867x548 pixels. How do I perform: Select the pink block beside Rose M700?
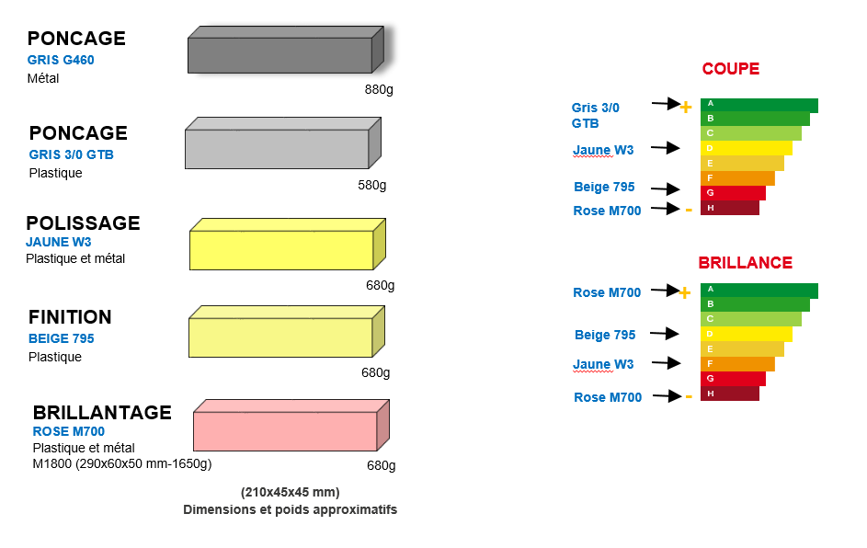point(285,430)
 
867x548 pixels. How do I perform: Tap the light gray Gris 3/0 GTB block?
point(277,149)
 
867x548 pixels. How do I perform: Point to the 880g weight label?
point(379,89)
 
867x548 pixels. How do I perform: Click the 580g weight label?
point(372,185)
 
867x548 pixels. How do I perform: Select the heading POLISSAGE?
point(83,223)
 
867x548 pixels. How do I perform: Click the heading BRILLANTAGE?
point(102,412)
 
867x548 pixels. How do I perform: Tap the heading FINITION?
point(70,317)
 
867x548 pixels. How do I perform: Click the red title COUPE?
point(731,69)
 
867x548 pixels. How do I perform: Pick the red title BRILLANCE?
point(745,263)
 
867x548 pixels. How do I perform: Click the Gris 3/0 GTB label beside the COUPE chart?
point(595,115)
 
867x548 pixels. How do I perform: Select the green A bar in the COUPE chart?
point(759,105)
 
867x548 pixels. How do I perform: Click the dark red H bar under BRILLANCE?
point(729,394)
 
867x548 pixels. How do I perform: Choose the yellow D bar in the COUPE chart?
point(746,148)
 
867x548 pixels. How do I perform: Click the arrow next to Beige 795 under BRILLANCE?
point(666,334)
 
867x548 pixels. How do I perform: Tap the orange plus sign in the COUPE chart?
point(685,107)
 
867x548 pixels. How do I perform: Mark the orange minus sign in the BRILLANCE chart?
point(689,396)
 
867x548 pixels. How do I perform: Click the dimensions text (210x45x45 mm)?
point(290,491)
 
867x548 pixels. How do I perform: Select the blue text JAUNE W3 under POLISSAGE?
point(59,242)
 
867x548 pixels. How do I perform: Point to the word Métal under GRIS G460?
point(43,78)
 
